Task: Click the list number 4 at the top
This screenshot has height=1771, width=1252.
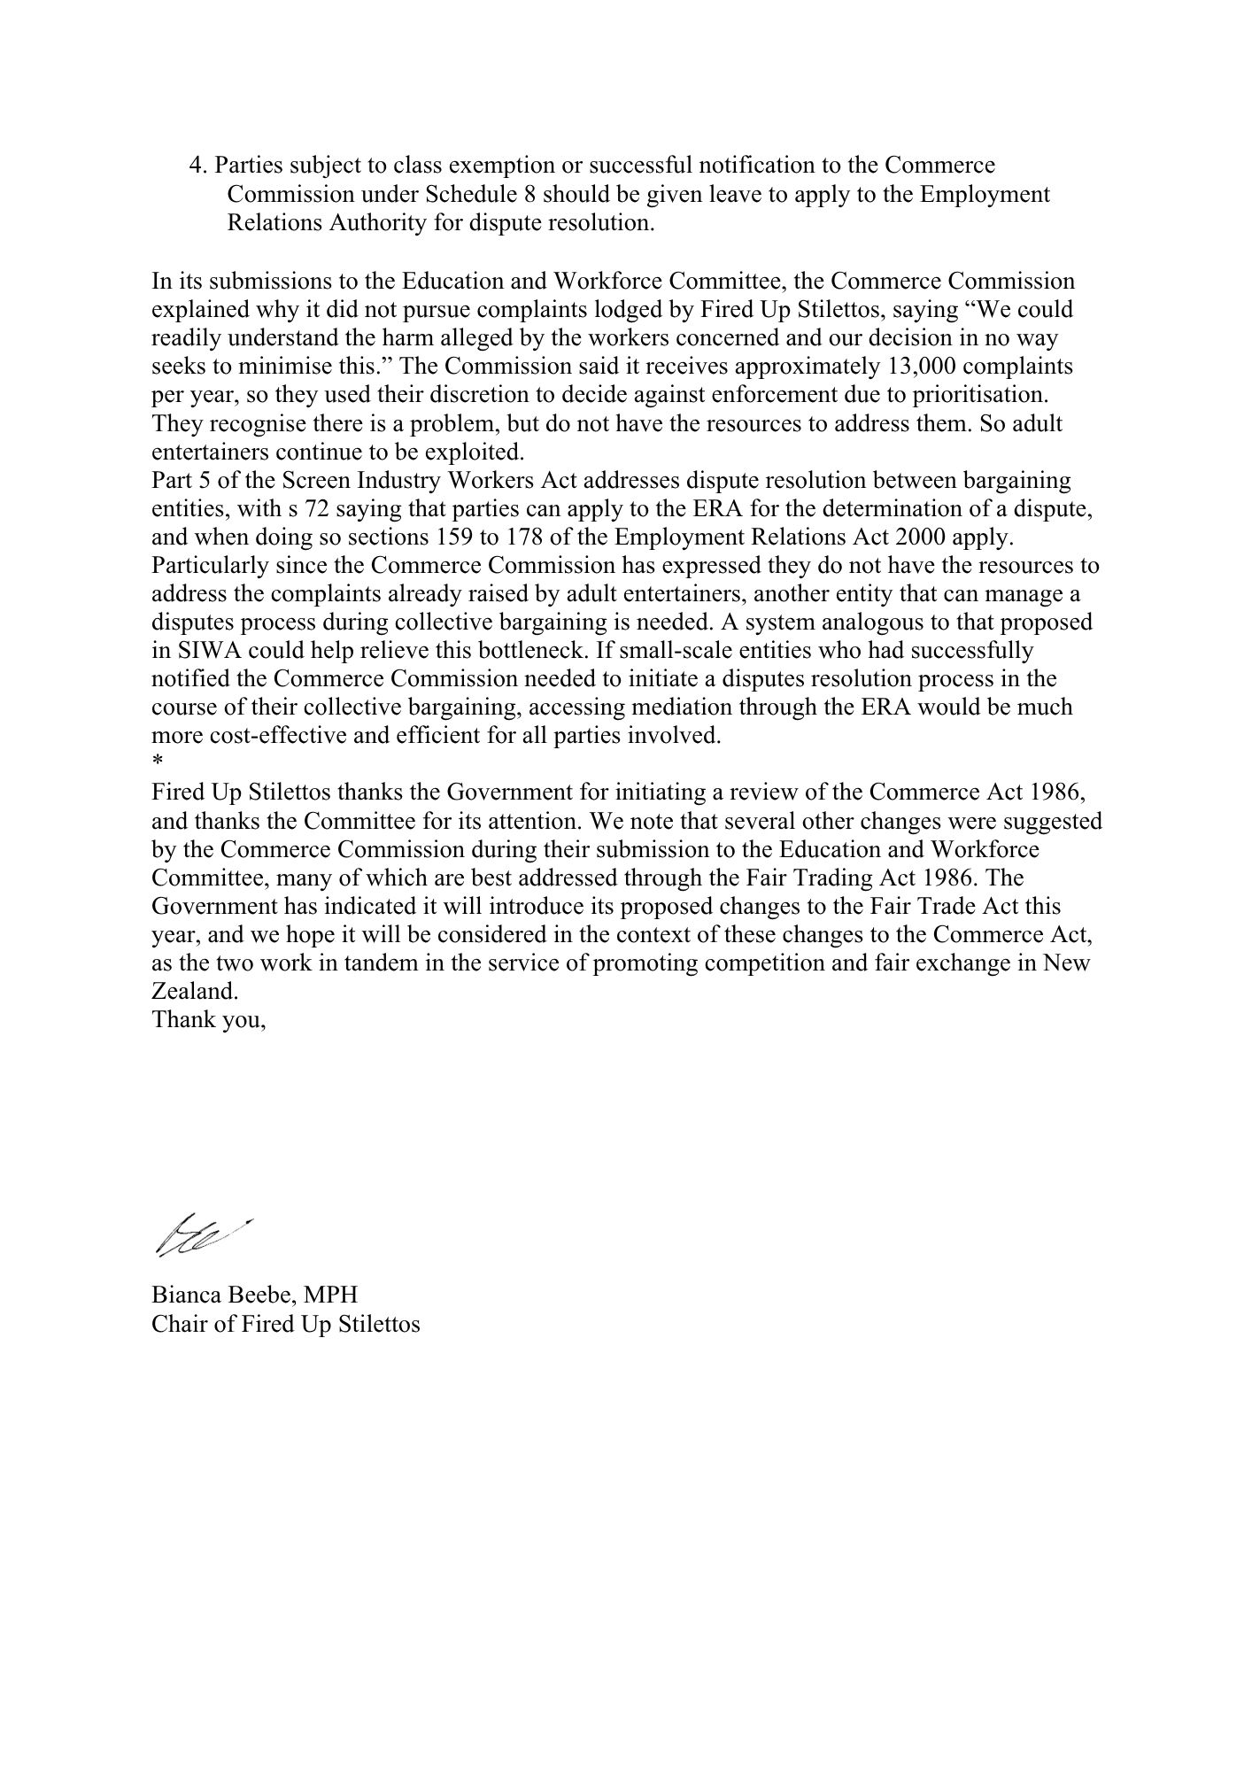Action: pyautogui.click(x=197, y=166)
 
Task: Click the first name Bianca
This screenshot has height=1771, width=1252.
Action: pyautogui.click(x=181, y=1295)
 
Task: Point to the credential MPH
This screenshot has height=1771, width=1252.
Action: pyautogui.click(x=331, y=1295)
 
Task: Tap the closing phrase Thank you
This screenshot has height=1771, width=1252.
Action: pyautogui.click(x=208, y=1019)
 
